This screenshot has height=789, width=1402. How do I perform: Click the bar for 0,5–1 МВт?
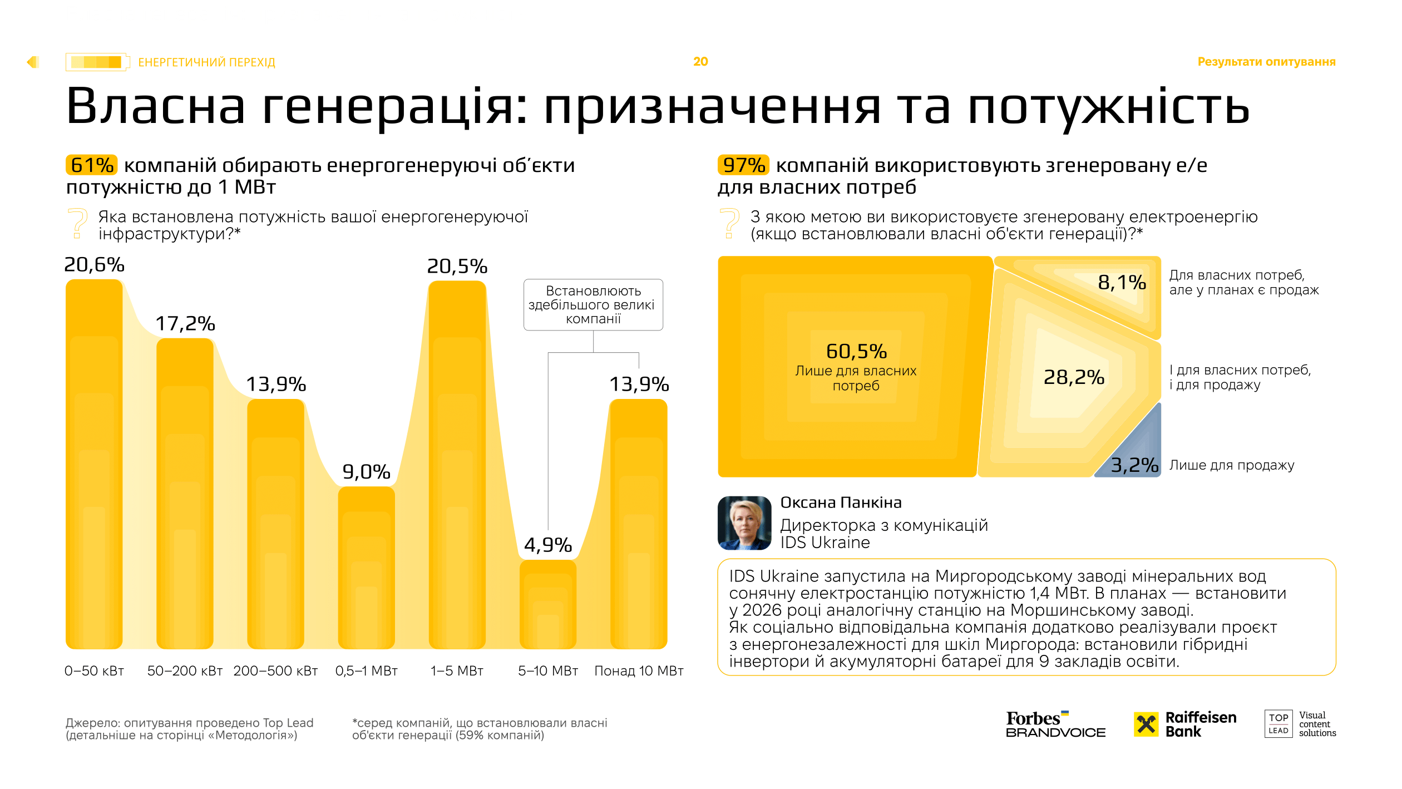pos(366,568)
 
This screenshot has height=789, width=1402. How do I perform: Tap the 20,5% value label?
pos(457,267)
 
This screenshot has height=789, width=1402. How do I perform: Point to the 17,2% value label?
pos(185,323)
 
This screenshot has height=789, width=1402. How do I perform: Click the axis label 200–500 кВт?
pos(275,670)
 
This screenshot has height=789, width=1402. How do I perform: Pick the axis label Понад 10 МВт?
pos(639,670)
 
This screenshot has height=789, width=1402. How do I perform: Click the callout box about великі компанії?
pos(593,305)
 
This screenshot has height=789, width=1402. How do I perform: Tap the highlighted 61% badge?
pos(92,165)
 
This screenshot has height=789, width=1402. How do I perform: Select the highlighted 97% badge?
pos(743,165)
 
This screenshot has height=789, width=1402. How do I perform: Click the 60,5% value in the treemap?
pos(856,352)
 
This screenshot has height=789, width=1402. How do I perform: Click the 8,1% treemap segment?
pos(1121,283)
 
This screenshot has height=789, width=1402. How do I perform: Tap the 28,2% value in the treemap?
pos(1073,377)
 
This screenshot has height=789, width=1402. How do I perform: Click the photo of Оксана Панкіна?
pos(744,523)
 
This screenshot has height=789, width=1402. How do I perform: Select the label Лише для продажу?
pos(1231,465)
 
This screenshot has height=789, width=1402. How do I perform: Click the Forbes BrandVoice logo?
pos(1055,724)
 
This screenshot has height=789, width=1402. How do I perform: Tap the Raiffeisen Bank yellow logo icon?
pos(1146,724)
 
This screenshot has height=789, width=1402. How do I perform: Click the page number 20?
pos(700,62)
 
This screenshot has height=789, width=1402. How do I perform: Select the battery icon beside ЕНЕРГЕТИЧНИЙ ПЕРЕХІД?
pos(97,62)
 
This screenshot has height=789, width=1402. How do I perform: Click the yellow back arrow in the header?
pos(33,62)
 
